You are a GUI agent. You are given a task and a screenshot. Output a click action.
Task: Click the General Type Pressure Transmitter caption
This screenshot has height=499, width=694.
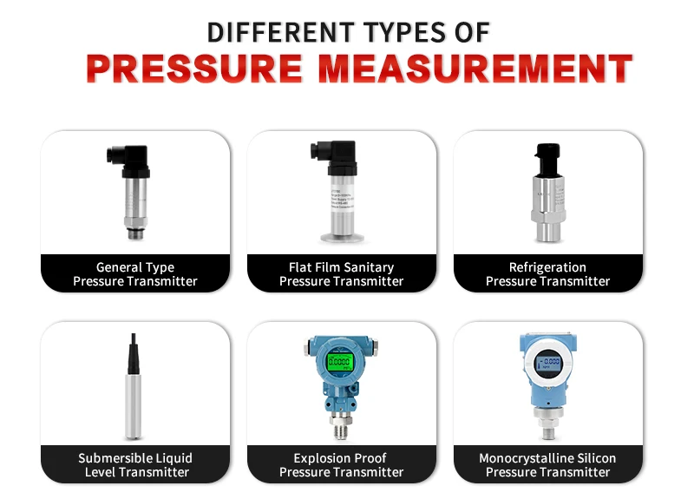point(135,274)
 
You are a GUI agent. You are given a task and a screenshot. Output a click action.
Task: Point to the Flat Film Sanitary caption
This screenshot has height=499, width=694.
point(341,267)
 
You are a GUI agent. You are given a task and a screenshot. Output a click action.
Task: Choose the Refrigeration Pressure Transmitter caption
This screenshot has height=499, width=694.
point(547,274)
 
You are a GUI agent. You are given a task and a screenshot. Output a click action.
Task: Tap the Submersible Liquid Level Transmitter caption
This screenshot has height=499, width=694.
point(135,465)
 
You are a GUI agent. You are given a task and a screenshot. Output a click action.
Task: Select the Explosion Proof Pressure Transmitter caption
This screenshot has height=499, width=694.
point(341,465)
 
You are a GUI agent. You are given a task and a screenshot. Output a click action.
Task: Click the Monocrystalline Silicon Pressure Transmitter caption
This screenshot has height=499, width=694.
point(547,465)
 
